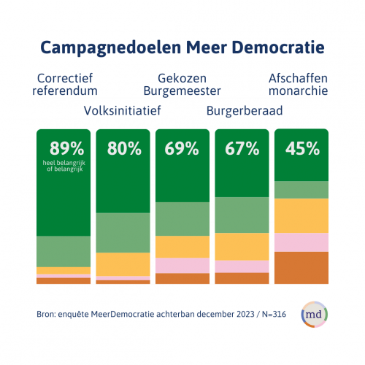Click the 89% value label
click(67, 148)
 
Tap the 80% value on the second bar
click(124, 148)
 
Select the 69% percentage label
click(182, 148)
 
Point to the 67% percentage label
click(242, 148)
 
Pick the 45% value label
click(302, 148)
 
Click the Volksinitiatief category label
click(123, 111)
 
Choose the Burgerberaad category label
click(245, 111)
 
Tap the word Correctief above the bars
click(65, 78)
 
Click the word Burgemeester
click(182, 91)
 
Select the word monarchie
click(299, 91)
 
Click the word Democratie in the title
click(278, 47)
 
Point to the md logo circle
click(315, 315)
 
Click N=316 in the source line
click(274, 314)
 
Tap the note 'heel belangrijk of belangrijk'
click(64, 166)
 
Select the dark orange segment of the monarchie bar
click(301, 268)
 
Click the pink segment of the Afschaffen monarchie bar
click(301, 242)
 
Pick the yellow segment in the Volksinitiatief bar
click(123, 264)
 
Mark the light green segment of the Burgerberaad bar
click(242, 215)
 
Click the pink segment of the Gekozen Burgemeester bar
click(182, 266)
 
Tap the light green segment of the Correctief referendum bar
click(64, 252)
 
